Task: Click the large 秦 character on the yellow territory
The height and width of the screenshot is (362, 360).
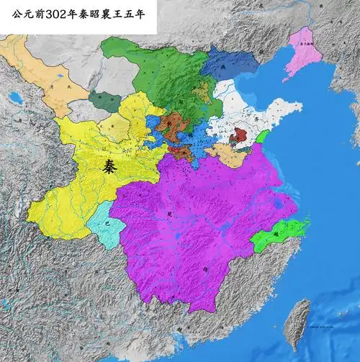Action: pyautogui.click(x=109, y=167)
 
